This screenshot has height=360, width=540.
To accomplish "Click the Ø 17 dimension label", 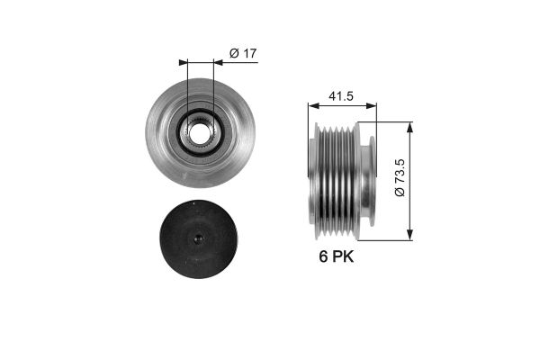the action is (x=243, y=53).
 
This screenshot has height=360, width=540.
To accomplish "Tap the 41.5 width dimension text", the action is (x=341, y=96).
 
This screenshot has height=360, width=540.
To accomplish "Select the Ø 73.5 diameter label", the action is (x=400, y=177).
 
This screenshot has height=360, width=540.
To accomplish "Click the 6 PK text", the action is (x=336, y=256).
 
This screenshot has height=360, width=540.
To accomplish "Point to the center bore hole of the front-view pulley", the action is (x=200, y=133).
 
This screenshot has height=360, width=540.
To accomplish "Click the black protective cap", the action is (x=199, y=239).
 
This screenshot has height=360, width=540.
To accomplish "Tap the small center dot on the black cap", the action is (x=199, y=238).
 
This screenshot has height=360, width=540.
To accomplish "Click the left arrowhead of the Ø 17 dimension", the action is (x=184, y=62).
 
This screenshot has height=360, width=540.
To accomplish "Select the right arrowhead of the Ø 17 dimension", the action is (x=218, y=62).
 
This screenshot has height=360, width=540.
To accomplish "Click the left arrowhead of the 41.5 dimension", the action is (x=313, y=105).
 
